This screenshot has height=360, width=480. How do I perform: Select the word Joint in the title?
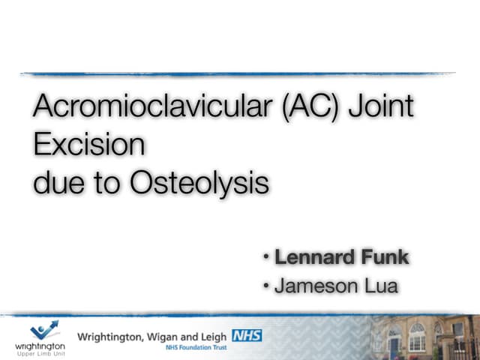383,107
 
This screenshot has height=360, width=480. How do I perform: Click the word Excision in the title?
88,143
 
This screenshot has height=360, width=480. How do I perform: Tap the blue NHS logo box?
247,335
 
